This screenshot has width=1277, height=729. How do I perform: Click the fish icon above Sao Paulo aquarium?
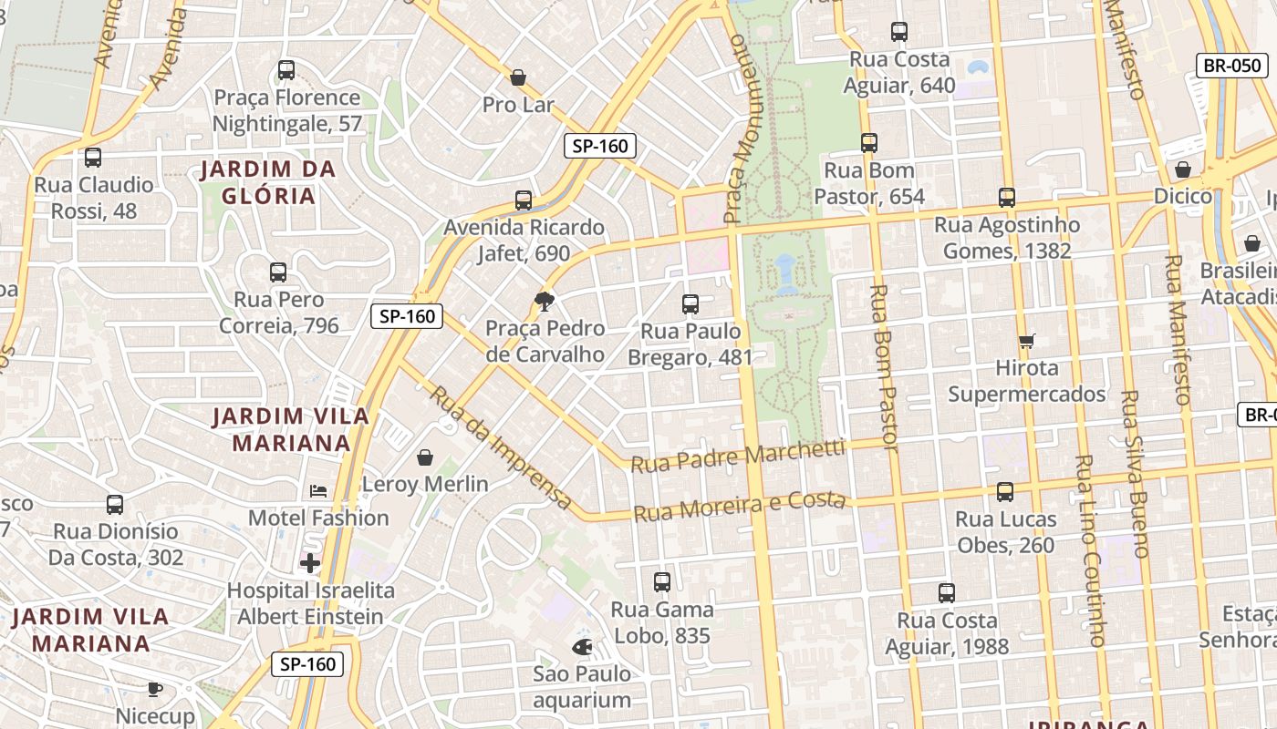582,647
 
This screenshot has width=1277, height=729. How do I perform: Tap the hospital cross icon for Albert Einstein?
310,563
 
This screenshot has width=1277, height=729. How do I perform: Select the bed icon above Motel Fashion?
318,491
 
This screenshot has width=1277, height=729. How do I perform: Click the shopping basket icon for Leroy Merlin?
425,457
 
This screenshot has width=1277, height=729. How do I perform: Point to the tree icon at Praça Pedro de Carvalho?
545,302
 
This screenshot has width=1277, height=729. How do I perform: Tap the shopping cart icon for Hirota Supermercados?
1027,342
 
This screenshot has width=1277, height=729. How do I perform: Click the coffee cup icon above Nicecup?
155,689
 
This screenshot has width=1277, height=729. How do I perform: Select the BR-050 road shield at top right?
1231,66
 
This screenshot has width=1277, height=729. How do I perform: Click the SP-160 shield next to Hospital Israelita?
307,664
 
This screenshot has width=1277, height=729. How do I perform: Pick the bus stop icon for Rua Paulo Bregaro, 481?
690,304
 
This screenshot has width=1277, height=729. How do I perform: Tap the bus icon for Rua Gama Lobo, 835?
662,581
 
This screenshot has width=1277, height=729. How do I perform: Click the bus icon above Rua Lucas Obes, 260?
1005,492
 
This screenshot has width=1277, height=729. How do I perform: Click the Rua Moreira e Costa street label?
740,506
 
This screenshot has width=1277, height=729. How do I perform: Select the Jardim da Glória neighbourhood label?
268,182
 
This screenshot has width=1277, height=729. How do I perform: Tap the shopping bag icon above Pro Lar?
518,78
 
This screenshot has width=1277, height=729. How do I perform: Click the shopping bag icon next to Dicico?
1183,169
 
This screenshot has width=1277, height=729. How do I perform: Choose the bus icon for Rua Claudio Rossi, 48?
93,158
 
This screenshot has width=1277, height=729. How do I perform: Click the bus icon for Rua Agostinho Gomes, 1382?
1007,198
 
